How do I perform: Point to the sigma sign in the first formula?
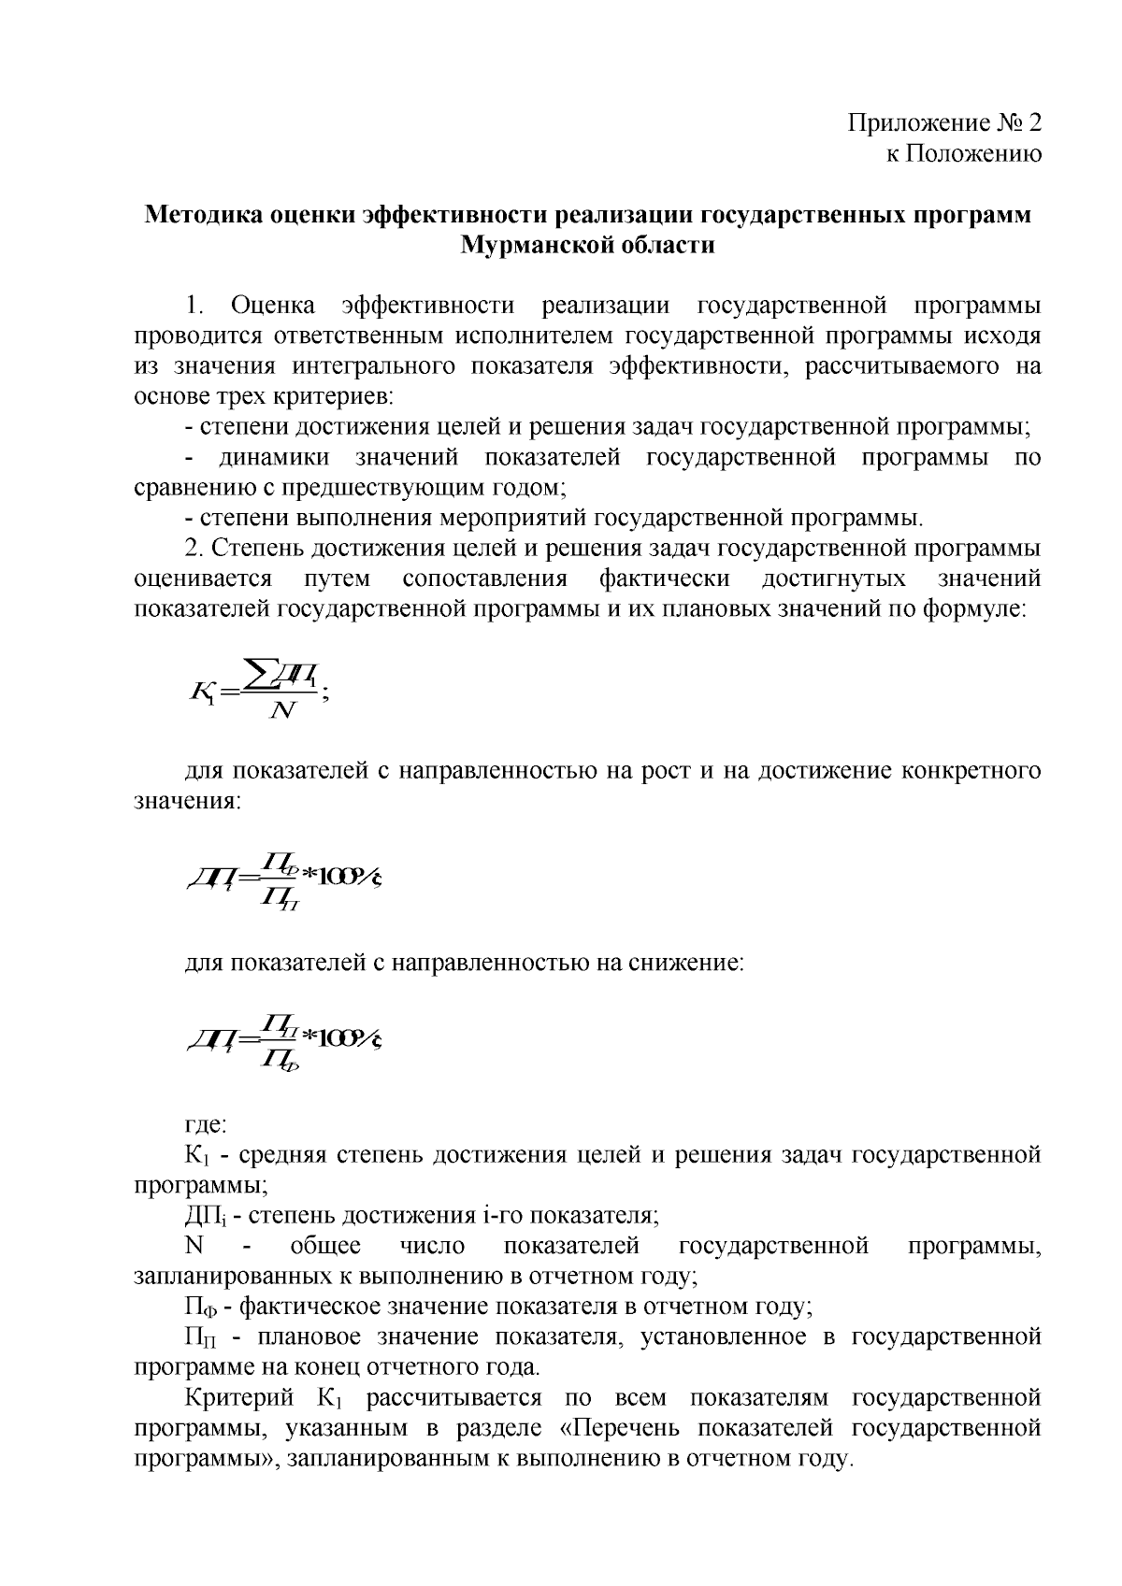(x=255, y=675)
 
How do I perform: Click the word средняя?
(x=281, y=1155)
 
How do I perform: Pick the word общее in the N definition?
(x=325, y=1246)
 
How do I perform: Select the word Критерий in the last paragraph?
(x=238, y=1398)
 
